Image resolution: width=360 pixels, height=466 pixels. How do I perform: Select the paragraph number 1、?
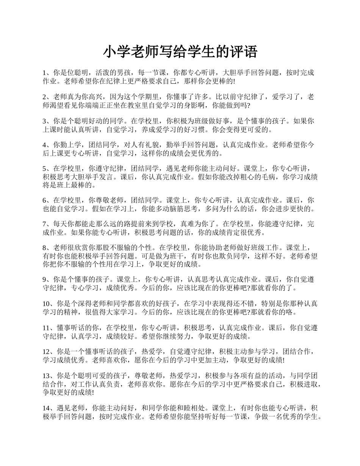47,72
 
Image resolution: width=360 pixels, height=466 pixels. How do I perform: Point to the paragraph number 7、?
47,224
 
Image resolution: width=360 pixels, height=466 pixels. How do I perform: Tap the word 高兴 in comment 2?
97,97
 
